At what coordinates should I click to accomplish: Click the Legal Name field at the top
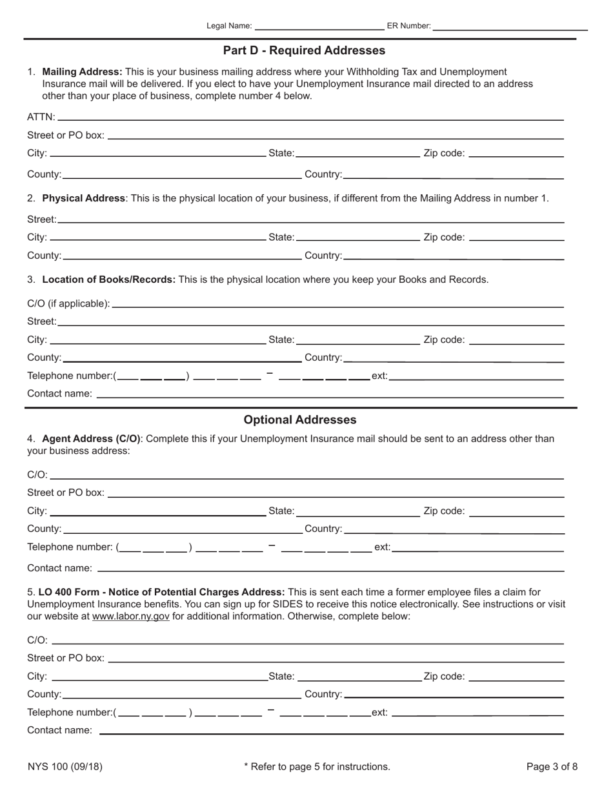[319, 25]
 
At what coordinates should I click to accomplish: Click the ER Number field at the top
[510, 25]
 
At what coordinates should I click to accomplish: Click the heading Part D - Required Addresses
[304, 50]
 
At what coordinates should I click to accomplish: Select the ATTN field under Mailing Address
[310, 116]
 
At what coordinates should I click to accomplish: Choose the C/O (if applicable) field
[337, 303]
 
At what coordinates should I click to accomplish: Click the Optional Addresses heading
[300, 420]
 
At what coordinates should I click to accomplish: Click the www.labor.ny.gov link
[131, 616]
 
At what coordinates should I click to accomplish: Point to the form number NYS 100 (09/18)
[65, 767]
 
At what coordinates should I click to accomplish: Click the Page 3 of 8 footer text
[552, 767]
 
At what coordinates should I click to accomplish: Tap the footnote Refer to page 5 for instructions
[317, 767]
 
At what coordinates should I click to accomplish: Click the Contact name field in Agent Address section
[330, 567]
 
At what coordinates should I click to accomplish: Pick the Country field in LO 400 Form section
[454, 694]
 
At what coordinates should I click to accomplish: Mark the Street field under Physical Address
[310, 219]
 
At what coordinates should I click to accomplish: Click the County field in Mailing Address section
[182, 174]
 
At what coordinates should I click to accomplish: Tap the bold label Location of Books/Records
[108, 280]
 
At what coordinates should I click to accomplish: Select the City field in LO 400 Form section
[159, 676]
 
